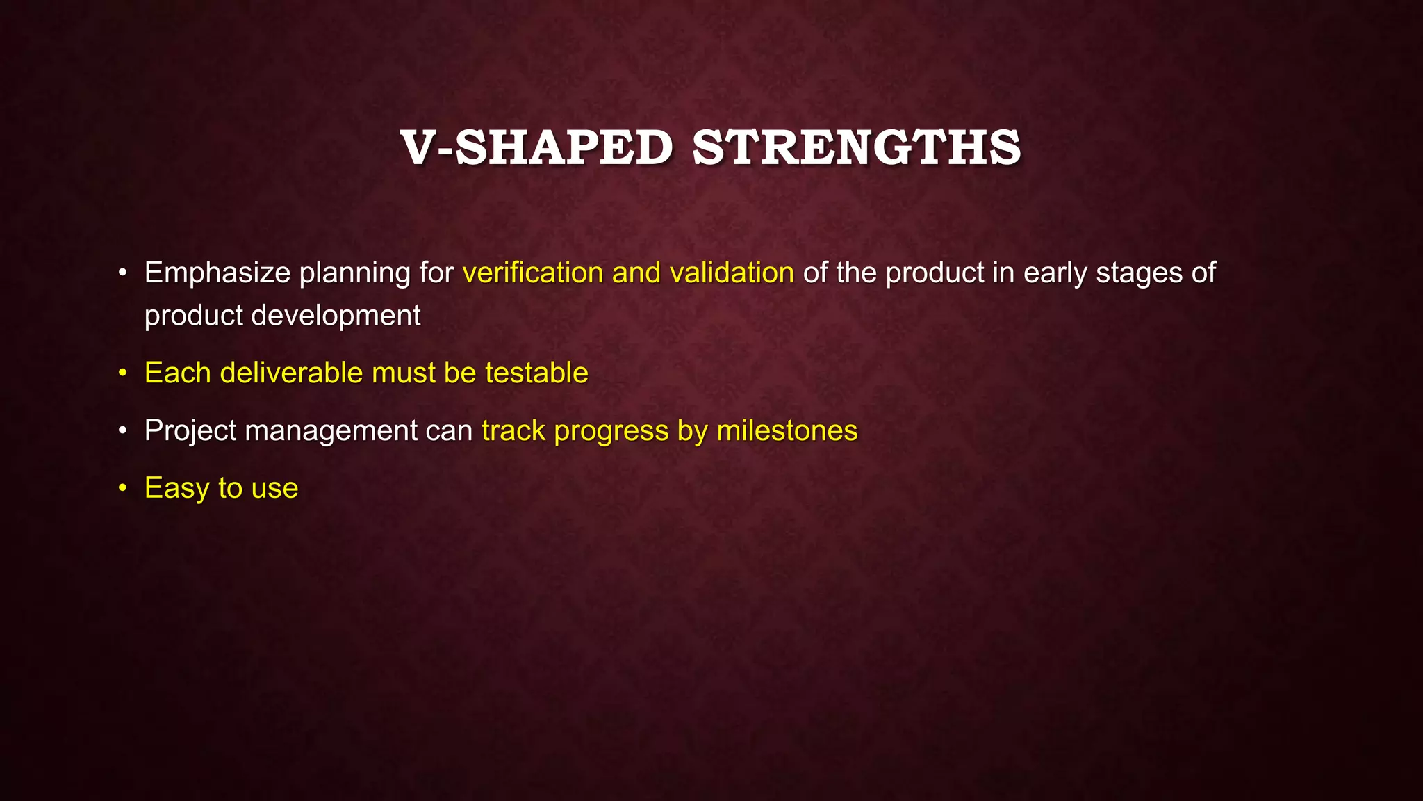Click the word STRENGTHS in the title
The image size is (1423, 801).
(857, 148)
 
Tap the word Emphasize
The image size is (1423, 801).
(217, 273)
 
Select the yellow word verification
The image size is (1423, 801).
(532, 273)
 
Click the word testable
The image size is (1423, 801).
(536, 373)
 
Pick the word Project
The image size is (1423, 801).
(190, 431)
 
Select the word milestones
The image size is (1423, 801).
(787, 431)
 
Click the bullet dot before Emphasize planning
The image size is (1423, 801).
(122, 273)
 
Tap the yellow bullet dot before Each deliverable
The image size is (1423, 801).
(122, 373)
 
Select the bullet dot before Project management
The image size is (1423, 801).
(122, 431)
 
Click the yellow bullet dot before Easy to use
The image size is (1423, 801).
(122, 489)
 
